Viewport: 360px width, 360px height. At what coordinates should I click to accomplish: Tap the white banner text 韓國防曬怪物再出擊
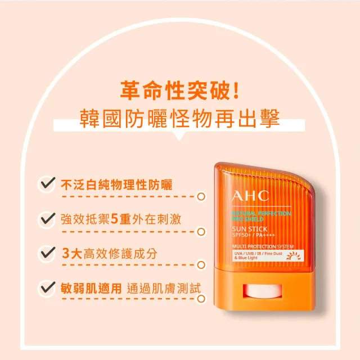181,120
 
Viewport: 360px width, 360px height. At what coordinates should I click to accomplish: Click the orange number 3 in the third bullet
66,253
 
